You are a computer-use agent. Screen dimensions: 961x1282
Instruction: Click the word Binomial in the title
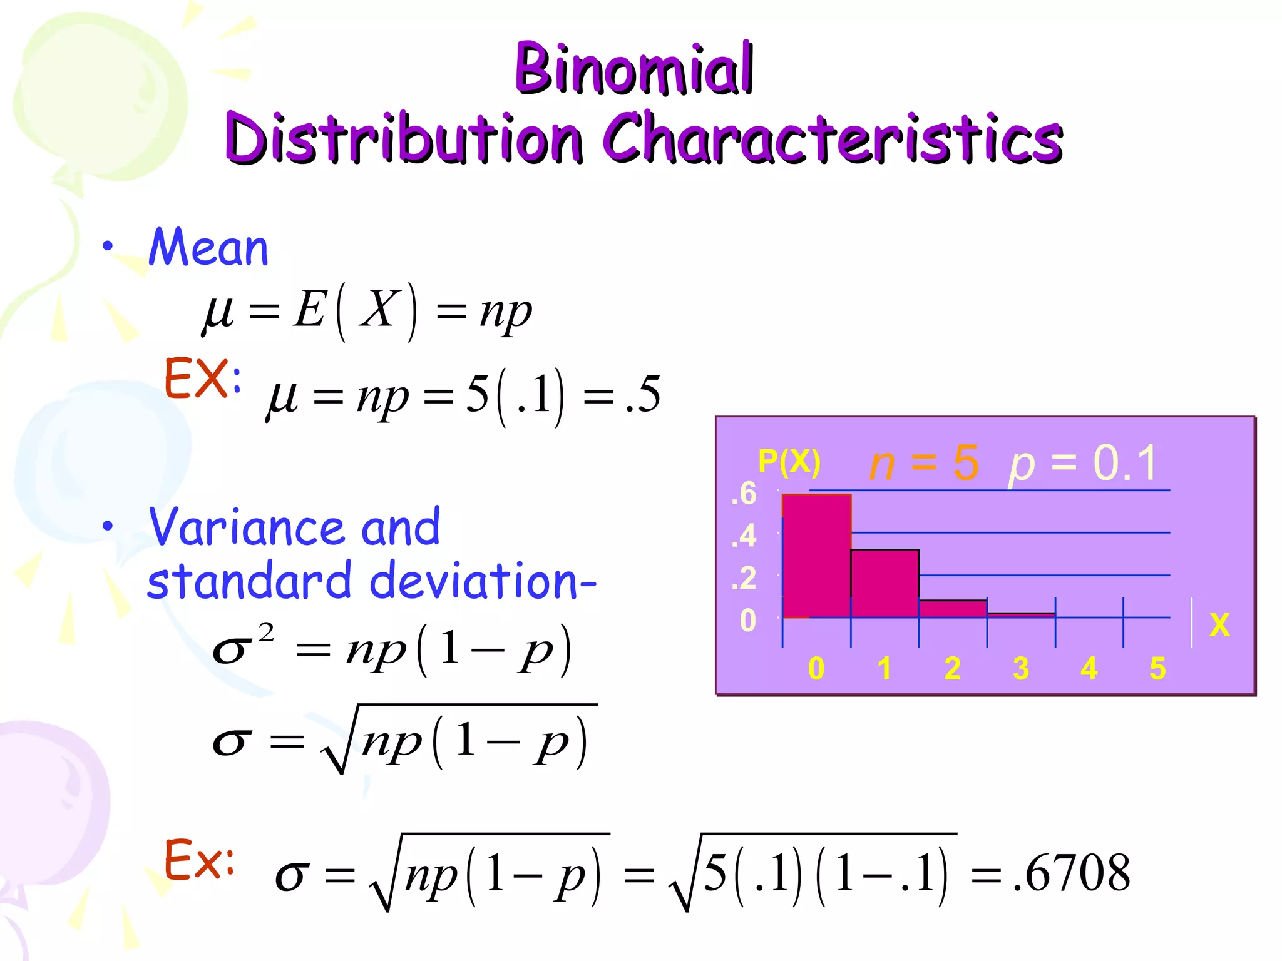coord(633,68)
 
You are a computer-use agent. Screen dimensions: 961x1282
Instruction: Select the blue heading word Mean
coord(208,248)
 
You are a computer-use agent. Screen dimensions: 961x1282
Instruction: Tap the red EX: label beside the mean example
coord(202,378)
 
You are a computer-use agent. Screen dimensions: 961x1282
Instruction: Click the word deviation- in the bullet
coord(483,581)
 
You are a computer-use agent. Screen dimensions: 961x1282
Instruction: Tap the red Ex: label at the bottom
coord(199,860)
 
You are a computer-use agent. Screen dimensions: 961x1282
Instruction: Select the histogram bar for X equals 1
coord(884,583)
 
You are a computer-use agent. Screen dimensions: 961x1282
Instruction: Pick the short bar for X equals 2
coord(952,609)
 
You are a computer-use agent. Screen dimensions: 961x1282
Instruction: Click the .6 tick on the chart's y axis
coord(744,494)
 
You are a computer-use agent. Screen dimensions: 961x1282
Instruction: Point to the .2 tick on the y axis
coord(744,578)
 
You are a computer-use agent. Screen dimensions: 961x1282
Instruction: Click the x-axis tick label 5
coord(1157,668)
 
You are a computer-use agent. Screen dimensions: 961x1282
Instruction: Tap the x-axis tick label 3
coord(1020,668)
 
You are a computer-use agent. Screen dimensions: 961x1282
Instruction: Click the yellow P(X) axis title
coord(789,462)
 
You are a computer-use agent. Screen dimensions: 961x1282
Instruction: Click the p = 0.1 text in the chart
coord(1083,463)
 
